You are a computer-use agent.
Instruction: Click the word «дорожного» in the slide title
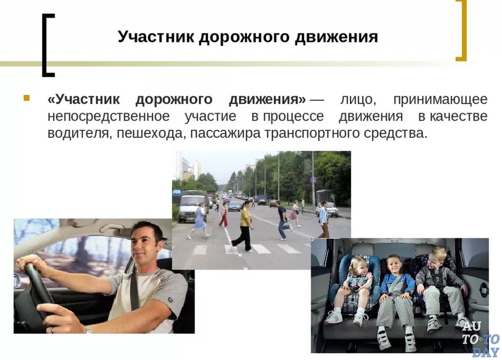(244, 37)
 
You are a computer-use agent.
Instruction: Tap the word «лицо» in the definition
(358, 99)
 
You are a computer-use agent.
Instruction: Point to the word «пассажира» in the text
(225, 134)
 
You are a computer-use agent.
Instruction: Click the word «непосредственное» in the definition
(109, 116)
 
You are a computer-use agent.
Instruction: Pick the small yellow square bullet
(26, 98)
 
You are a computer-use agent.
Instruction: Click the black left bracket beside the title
(48, 45)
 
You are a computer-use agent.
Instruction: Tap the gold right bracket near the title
(461, 31)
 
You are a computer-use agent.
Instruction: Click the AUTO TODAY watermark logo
(480, 339)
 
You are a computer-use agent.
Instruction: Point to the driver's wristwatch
(90, 330)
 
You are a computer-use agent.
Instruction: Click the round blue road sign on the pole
(313, 180)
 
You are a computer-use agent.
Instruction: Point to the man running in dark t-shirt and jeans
(283, 220)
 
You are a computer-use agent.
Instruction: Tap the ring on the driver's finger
(53, 330)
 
